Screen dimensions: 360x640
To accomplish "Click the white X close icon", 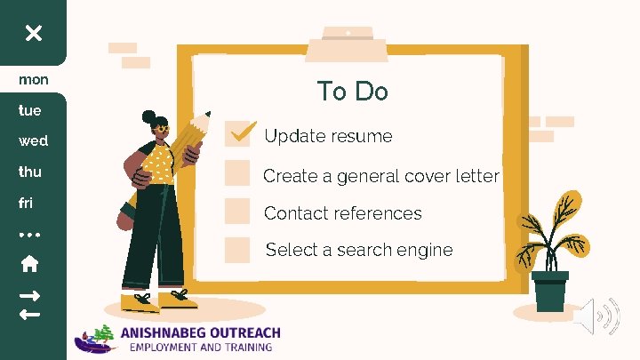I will (33, 33).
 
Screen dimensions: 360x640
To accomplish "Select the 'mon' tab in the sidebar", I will (34, 79).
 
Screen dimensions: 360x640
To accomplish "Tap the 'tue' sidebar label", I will (30, 110).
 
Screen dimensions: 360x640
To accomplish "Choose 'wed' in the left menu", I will (34, 140).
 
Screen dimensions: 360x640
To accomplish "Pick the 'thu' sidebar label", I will (30, 171).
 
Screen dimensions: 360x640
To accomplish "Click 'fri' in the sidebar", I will (26, 203).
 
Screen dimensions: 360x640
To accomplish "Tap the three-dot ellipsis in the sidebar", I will (29, 235).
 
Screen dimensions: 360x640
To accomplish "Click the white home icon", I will (29, 264).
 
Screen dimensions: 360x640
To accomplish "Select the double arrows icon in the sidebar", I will (29, 304).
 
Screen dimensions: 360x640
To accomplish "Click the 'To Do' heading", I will (352, 92).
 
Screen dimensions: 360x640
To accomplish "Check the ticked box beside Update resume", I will (238, 134).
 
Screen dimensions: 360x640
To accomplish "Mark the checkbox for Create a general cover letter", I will (237, 172).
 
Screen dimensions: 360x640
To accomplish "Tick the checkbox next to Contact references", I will (237, 211).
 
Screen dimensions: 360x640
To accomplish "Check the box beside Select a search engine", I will (237, 250).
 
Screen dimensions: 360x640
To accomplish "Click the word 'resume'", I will (363, 136).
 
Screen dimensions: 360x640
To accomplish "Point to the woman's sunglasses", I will (160, 128).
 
